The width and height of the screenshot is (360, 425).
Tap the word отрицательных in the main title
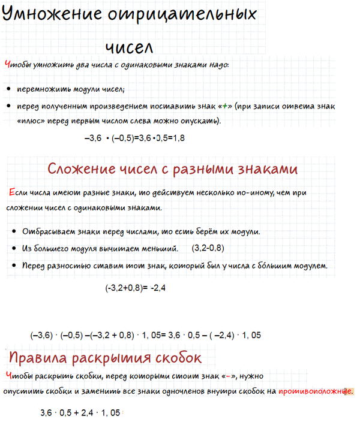pos(182,14)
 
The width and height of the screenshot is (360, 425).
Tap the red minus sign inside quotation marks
pos(229,376)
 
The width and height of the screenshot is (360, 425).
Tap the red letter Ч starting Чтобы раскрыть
pos(7,376)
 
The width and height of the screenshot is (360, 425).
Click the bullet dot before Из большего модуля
pos(13,249)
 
